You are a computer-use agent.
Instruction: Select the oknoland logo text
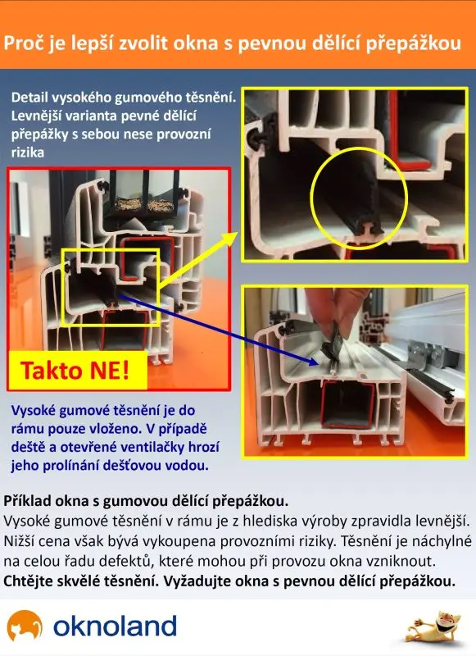pyautogui.click(x=115, y=626)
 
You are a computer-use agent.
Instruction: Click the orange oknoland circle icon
pyautogui.click(x=25, y=625)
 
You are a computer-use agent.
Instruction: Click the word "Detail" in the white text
pyautogui.click(x=29, y=98)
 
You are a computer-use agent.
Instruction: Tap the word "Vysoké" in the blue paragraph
pyautogui.click(x=33, y=411)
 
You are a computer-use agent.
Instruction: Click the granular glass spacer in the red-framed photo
pyautogui.click(x=143, y=204)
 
